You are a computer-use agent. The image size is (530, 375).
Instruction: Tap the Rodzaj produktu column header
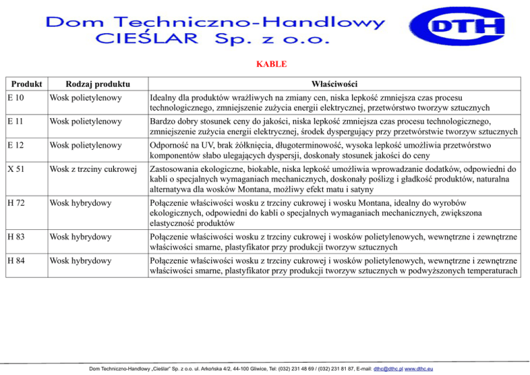pos(86,84)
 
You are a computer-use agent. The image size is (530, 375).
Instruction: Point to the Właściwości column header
pos(334,84)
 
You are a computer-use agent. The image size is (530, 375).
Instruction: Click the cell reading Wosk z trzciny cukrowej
pos(94,170)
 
